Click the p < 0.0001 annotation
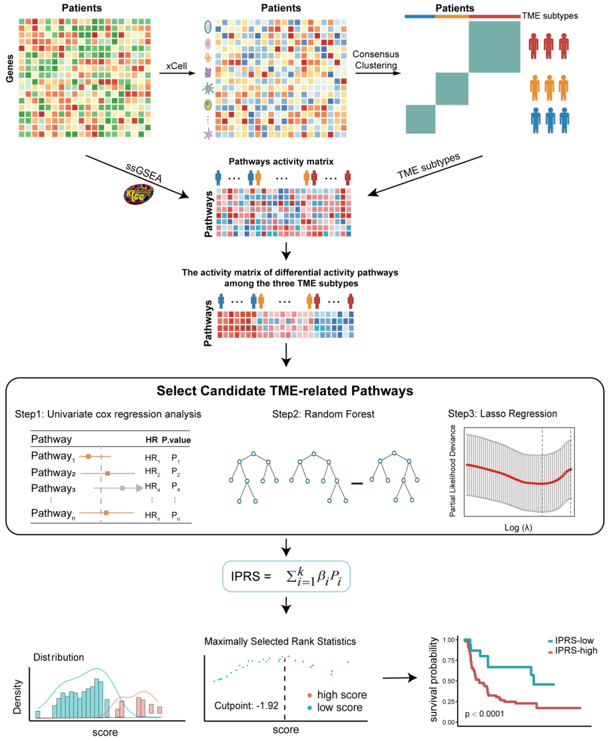tap(484, 714)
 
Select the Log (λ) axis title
tap(518, 527)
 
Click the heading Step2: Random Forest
tap(323, 414)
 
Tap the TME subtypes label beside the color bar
tap(550, 16)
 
